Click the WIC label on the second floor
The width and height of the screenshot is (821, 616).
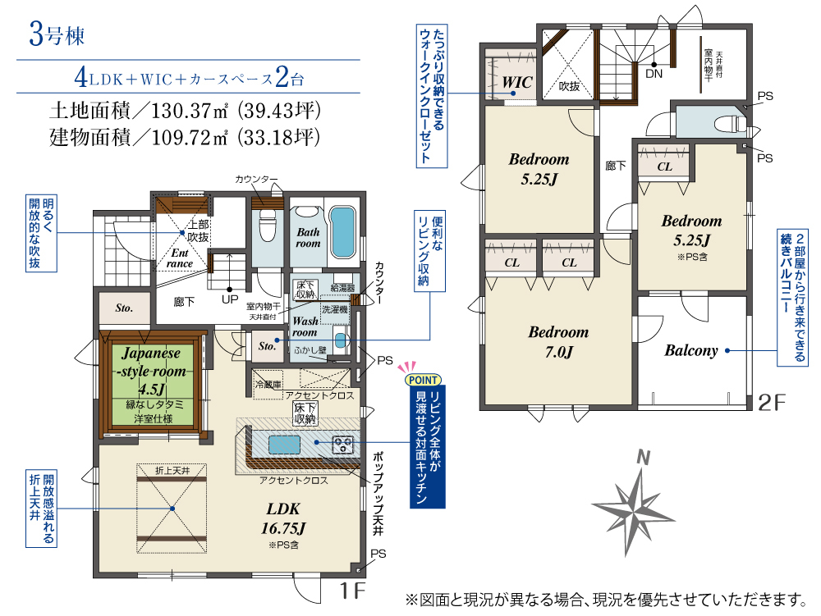516,82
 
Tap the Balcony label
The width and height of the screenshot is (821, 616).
691,350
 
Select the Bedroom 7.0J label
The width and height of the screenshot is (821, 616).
558,342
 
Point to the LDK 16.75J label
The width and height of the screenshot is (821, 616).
283,518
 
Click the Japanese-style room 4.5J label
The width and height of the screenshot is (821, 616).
152,371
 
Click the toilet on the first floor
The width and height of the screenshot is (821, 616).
268,226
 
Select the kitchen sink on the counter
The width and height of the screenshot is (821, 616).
284,445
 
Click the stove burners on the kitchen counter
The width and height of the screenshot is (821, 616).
343,445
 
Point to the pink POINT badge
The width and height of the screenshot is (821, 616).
423,380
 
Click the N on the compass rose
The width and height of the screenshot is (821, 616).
643,458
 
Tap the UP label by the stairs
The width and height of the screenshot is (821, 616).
230,299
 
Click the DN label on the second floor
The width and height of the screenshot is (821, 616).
654,74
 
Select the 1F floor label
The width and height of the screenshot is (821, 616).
352,591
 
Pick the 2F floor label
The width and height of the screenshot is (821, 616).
772,402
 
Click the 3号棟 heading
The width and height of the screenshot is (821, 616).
57,35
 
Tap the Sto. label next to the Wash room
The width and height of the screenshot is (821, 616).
267,345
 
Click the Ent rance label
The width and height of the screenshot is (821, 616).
180,258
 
